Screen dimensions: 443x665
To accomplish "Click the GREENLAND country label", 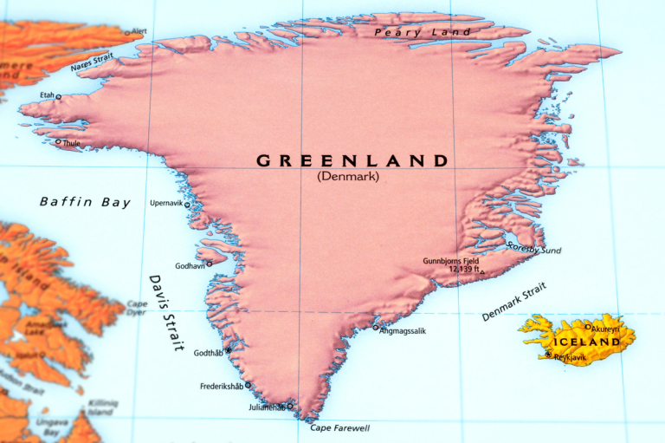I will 352,160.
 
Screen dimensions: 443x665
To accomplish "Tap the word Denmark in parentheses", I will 348,177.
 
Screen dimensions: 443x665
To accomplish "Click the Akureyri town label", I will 606,329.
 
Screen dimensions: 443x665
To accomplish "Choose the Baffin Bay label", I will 85,202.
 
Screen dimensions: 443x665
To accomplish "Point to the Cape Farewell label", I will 340,428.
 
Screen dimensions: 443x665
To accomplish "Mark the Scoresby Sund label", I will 534,250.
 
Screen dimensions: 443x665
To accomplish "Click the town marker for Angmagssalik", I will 376,328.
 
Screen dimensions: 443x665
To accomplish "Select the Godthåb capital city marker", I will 228,351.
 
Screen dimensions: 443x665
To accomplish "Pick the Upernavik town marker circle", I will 187,205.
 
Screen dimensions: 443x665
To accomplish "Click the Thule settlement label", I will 71,143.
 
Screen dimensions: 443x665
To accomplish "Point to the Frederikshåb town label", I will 221,386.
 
